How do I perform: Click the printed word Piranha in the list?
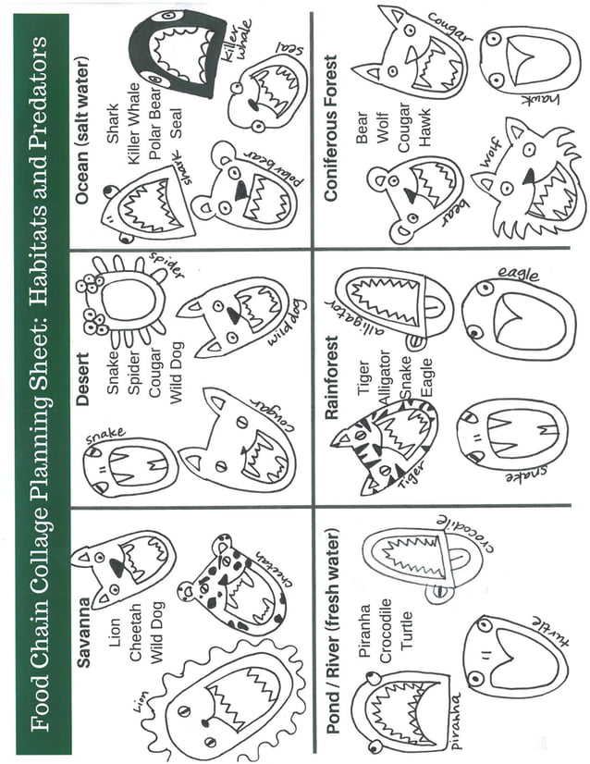coord(364,629)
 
